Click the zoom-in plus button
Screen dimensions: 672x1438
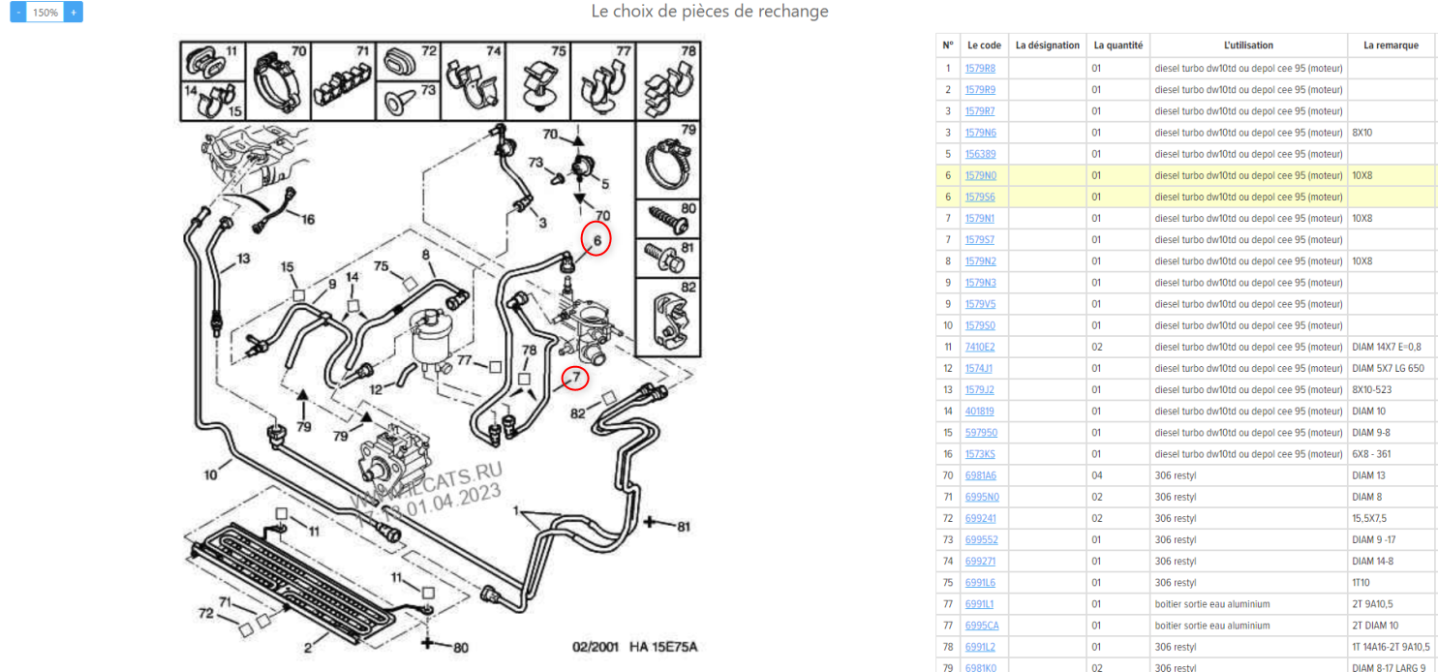tap(75, 13)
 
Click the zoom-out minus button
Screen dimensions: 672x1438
tap(18, 13)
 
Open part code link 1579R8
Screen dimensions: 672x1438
tap(980, 69)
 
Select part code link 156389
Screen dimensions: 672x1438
tap(980, 154)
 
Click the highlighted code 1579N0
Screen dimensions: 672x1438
tap(980, 175)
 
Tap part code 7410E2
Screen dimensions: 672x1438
tap(980, 347)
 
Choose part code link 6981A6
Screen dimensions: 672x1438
tap(980, 475)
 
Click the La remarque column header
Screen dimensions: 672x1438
tap(1391, 46)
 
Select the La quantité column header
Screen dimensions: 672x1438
tap(1117, 46)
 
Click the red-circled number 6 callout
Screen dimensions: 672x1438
tap(597, 239)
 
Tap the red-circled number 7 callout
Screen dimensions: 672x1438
tap(575, 376)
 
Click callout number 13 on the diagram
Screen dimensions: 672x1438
tap(242, 259)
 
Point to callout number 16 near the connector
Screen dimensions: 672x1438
tap(307, 220)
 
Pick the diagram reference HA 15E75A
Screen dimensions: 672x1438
tap(663, 647)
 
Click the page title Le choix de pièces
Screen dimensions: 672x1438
tap(710, 12)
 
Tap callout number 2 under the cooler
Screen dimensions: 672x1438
tap(308, 647)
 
